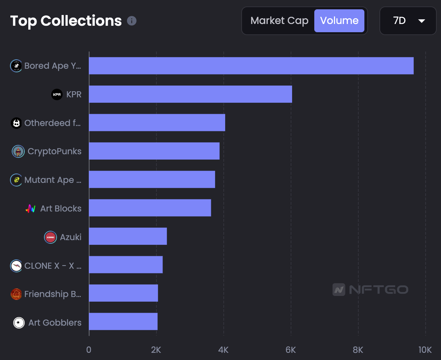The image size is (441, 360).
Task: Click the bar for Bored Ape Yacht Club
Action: coord(251,66)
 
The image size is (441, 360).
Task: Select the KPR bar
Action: coord(190,94)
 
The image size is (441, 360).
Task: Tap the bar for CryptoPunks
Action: coord(154,151)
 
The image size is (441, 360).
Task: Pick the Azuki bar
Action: coord(128,236)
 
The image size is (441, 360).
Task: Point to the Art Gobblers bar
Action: coord(123,321)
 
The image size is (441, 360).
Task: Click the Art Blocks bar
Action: coord(150,208)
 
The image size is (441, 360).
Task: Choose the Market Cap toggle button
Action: coord(279,21)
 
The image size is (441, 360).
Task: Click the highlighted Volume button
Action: coord(339,21)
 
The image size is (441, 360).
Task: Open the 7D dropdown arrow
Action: coord(421,21)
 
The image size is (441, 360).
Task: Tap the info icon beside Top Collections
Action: coord(132,21)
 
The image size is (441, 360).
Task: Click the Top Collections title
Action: coord(66,21)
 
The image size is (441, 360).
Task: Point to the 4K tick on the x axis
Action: coord(223,350)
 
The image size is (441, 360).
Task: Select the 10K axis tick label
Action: coord(425,350)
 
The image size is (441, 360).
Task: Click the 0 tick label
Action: coord(89,350)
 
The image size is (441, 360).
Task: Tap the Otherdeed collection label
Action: coord(53,123)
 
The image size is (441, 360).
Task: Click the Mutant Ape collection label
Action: coord(53,180)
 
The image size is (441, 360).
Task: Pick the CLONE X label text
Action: coord(53,266)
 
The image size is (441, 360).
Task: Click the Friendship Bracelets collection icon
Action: coord(16,294)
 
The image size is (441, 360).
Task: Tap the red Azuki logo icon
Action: coord(50,237)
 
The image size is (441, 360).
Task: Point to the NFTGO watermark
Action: coord(370,289)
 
